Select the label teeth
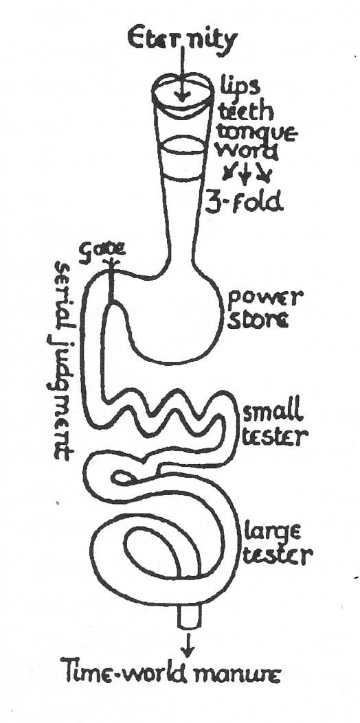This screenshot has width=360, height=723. (240, 111)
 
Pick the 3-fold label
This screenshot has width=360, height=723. (244, 201)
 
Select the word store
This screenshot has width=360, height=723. (259, 319)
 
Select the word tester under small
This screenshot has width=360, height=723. (275, 436)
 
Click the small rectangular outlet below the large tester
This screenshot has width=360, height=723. (190, 617)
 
